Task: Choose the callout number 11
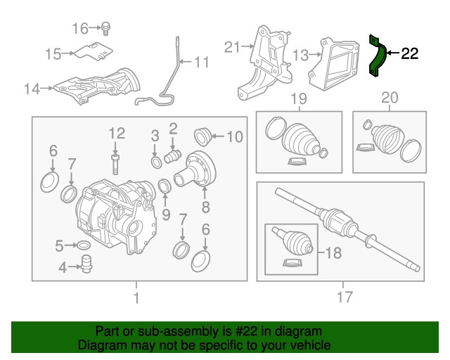pyautogui.click(x=201, y=63)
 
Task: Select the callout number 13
pyautogui.click(x=300, y=54)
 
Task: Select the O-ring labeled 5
pyautogui.click(x=82, y=245)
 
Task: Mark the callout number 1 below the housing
pyautogui.click(x=136, y=297)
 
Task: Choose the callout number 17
pyautogui.click(x=344, y=297)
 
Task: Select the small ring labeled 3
pyautogui.click(x=155, y=163)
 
